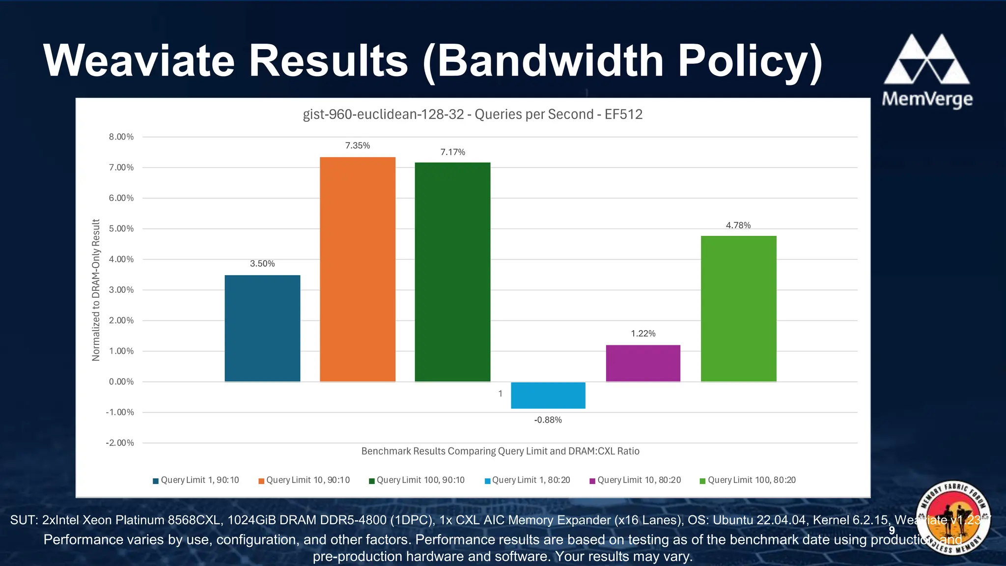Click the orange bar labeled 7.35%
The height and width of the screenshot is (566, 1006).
pyautogui.click(x=358, y=269)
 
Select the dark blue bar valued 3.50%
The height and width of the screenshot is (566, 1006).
pyautogui.click(x=262, y=328)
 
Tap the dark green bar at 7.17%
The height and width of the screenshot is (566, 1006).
pyautogui.click(x=452, y=272)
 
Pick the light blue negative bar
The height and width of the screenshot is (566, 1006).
pyautogui.click(x=548, y=396)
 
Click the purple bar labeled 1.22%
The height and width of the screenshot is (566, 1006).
pyautogui.click(x=643, y=363)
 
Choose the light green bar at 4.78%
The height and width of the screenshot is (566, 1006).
pyautogui.click(x=738, y=309)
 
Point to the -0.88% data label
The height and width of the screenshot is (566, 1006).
pyautogui.click(x=548, y=420)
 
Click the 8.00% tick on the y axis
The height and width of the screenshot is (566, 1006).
pyautogui.click(x=121, y=137)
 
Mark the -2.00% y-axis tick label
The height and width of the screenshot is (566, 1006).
pyautogui.click(x=119, y=443)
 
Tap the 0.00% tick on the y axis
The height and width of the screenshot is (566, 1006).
pyautogui.click(x=121, y=382)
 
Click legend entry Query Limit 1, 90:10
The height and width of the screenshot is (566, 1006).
pyautogui.click(x=196, y=480)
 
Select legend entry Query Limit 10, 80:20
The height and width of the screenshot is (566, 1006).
pyautogui.click(x=636, y=480)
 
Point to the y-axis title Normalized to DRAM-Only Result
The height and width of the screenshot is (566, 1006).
pyautogui.click(x=96, y=290)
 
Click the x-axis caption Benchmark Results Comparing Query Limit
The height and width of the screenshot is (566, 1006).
pyautogui.click(x=500, y=451)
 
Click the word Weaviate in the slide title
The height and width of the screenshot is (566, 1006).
pyautogui.click(x=140, y=61)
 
